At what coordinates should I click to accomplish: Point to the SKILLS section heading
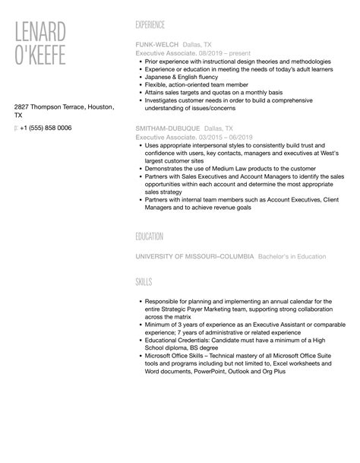point(144,282)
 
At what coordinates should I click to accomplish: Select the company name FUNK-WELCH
point(156,44)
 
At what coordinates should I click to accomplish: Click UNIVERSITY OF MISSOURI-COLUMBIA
point(194,256)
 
